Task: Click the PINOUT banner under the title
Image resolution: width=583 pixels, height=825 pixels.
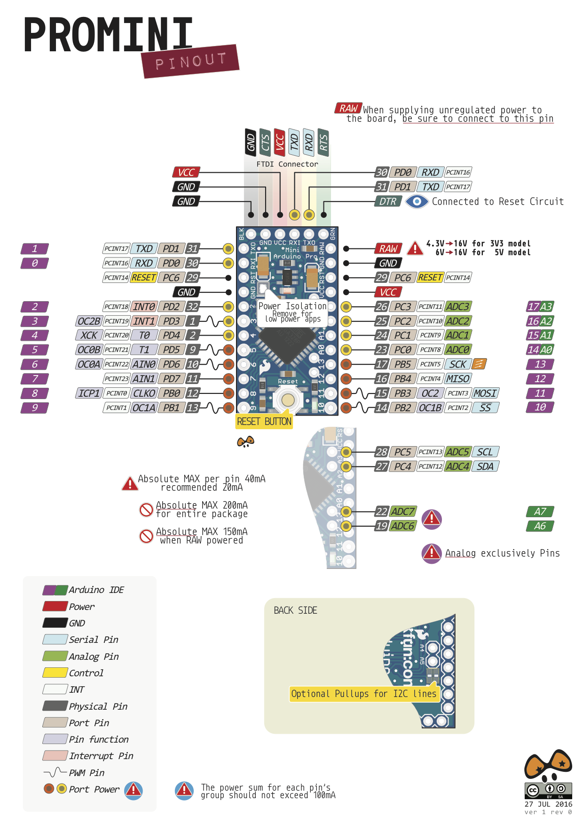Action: (190, 61)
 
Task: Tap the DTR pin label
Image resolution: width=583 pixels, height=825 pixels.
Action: (388, 201)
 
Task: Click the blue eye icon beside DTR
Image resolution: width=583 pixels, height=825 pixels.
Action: (417, 201)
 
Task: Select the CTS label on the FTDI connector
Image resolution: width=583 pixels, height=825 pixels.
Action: (265, 142)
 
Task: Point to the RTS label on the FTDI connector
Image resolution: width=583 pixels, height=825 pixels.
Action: (323, 142)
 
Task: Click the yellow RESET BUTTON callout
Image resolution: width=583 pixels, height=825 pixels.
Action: (264, 421)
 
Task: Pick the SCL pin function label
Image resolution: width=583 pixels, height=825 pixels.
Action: (485, 452)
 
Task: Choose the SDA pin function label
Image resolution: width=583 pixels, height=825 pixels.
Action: (485, 466)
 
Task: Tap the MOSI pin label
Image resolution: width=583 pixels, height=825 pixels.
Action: (485, 393)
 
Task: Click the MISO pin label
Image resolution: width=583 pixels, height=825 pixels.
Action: (457, 378)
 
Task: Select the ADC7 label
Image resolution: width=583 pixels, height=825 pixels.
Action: (402, 512)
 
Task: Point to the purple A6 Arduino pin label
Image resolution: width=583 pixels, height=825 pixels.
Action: (540, 526)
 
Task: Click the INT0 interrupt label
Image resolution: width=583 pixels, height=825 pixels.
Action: (144, 307)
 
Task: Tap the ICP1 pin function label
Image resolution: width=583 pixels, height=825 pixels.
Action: (88, 393)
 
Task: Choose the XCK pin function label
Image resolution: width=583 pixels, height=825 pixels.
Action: (88, 335)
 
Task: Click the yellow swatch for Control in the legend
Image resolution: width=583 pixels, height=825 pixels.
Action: (55, 673)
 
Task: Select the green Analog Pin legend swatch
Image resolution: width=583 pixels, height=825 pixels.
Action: (55, 656)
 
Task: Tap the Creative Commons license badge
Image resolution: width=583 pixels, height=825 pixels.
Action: (548, 790)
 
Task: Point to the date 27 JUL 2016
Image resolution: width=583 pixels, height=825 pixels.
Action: (548, 804)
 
